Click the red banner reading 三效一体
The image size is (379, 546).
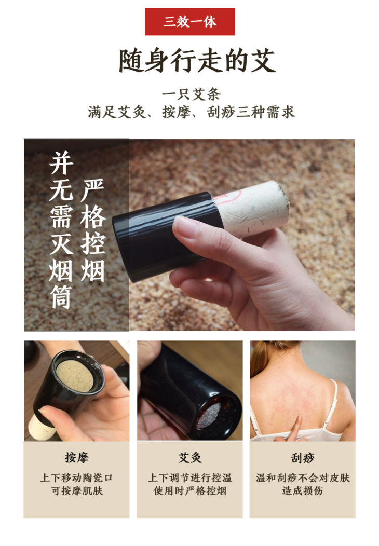[x=190, y=22]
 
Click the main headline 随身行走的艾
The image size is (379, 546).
[x=197, y=61]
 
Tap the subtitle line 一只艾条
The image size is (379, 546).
[x=191, y=94]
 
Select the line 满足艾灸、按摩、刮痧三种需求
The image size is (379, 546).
[x=191, y=112]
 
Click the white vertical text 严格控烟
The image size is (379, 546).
[x=92, y=230]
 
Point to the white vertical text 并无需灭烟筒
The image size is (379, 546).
[x=61, y=230]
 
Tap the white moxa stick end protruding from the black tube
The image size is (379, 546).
[x=252, y=207]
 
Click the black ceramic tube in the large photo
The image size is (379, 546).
[x=164, y=237]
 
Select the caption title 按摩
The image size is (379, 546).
[x=77, y=458]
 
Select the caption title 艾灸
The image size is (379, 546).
[x=190, y=458]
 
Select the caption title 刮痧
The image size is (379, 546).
[x=303, y=458]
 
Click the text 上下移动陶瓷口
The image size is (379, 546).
[x=77, y=477]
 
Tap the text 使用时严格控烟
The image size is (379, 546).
[x=190, y=490]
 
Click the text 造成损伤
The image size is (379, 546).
[x=303, y=490]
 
